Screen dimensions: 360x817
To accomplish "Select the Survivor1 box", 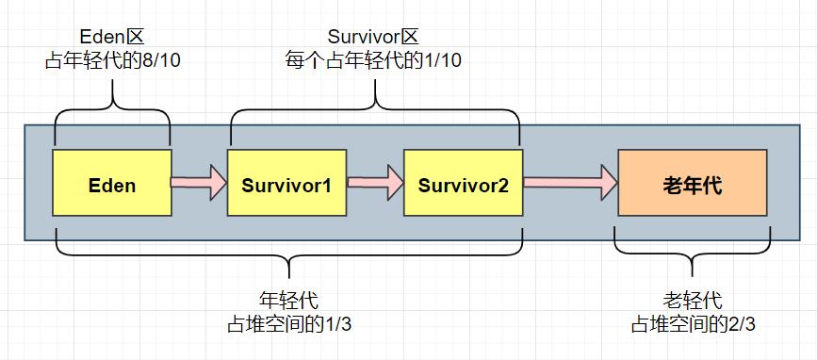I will (286, 184).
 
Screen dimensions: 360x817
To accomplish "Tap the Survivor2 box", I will (463, 184).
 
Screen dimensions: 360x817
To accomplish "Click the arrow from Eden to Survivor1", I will (199, 183).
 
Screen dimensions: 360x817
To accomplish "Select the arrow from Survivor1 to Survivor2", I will (375, 183).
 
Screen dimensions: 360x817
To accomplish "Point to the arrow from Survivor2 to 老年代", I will (569, 183).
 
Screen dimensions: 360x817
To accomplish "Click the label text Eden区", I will (112, 39).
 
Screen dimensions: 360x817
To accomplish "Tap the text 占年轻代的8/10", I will (111, 60).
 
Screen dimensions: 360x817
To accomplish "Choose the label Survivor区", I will (372, 37).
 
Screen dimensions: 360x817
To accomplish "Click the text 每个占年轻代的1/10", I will (373, 60).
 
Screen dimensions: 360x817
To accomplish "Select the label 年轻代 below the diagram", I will (287, 301).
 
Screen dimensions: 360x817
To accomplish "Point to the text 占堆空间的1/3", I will (288, 323).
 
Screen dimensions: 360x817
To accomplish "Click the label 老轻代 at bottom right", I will (693, 301).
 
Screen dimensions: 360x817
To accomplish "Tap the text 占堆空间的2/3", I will (693, 323).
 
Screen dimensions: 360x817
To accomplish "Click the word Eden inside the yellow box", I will (112, 185).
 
